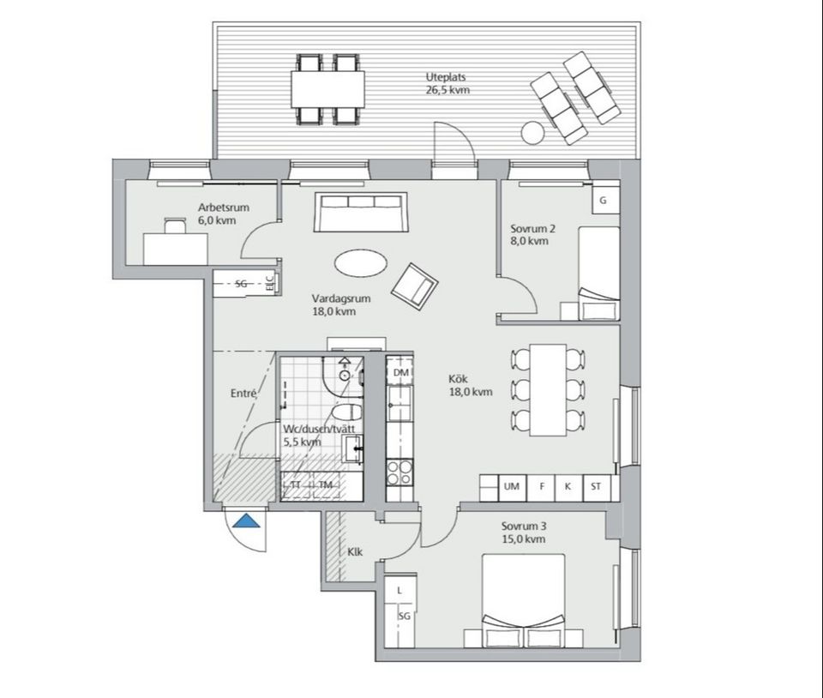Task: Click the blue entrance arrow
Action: click(x=247, y=520)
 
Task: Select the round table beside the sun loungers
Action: click(x=532, y=133)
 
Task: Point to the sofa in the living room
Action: click(x=358, y=213)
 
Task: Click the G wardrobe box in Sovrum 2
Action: click(x=604, y=200)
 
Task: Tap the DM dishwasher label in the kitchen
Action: click(x=399, y=372)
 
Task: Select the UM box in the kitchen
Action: click(x=513, y=487)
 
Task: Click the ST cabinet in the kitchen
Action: click(x=595, y=487)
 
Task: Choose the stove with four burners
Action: click(x=399, y=472)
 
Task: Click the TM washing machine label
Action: click(x=325, y=485)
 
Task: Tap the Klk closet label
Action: click(x=354, y=551)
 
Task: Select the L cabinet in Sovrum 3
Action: click(x=400, y=591)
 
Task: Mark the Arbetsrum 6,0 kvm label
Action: click(x=216, y=214)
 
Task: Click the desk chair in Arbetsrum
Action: click(x=174, y=225)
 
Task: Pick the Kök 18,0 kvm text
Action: click(x=470, y=385)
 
